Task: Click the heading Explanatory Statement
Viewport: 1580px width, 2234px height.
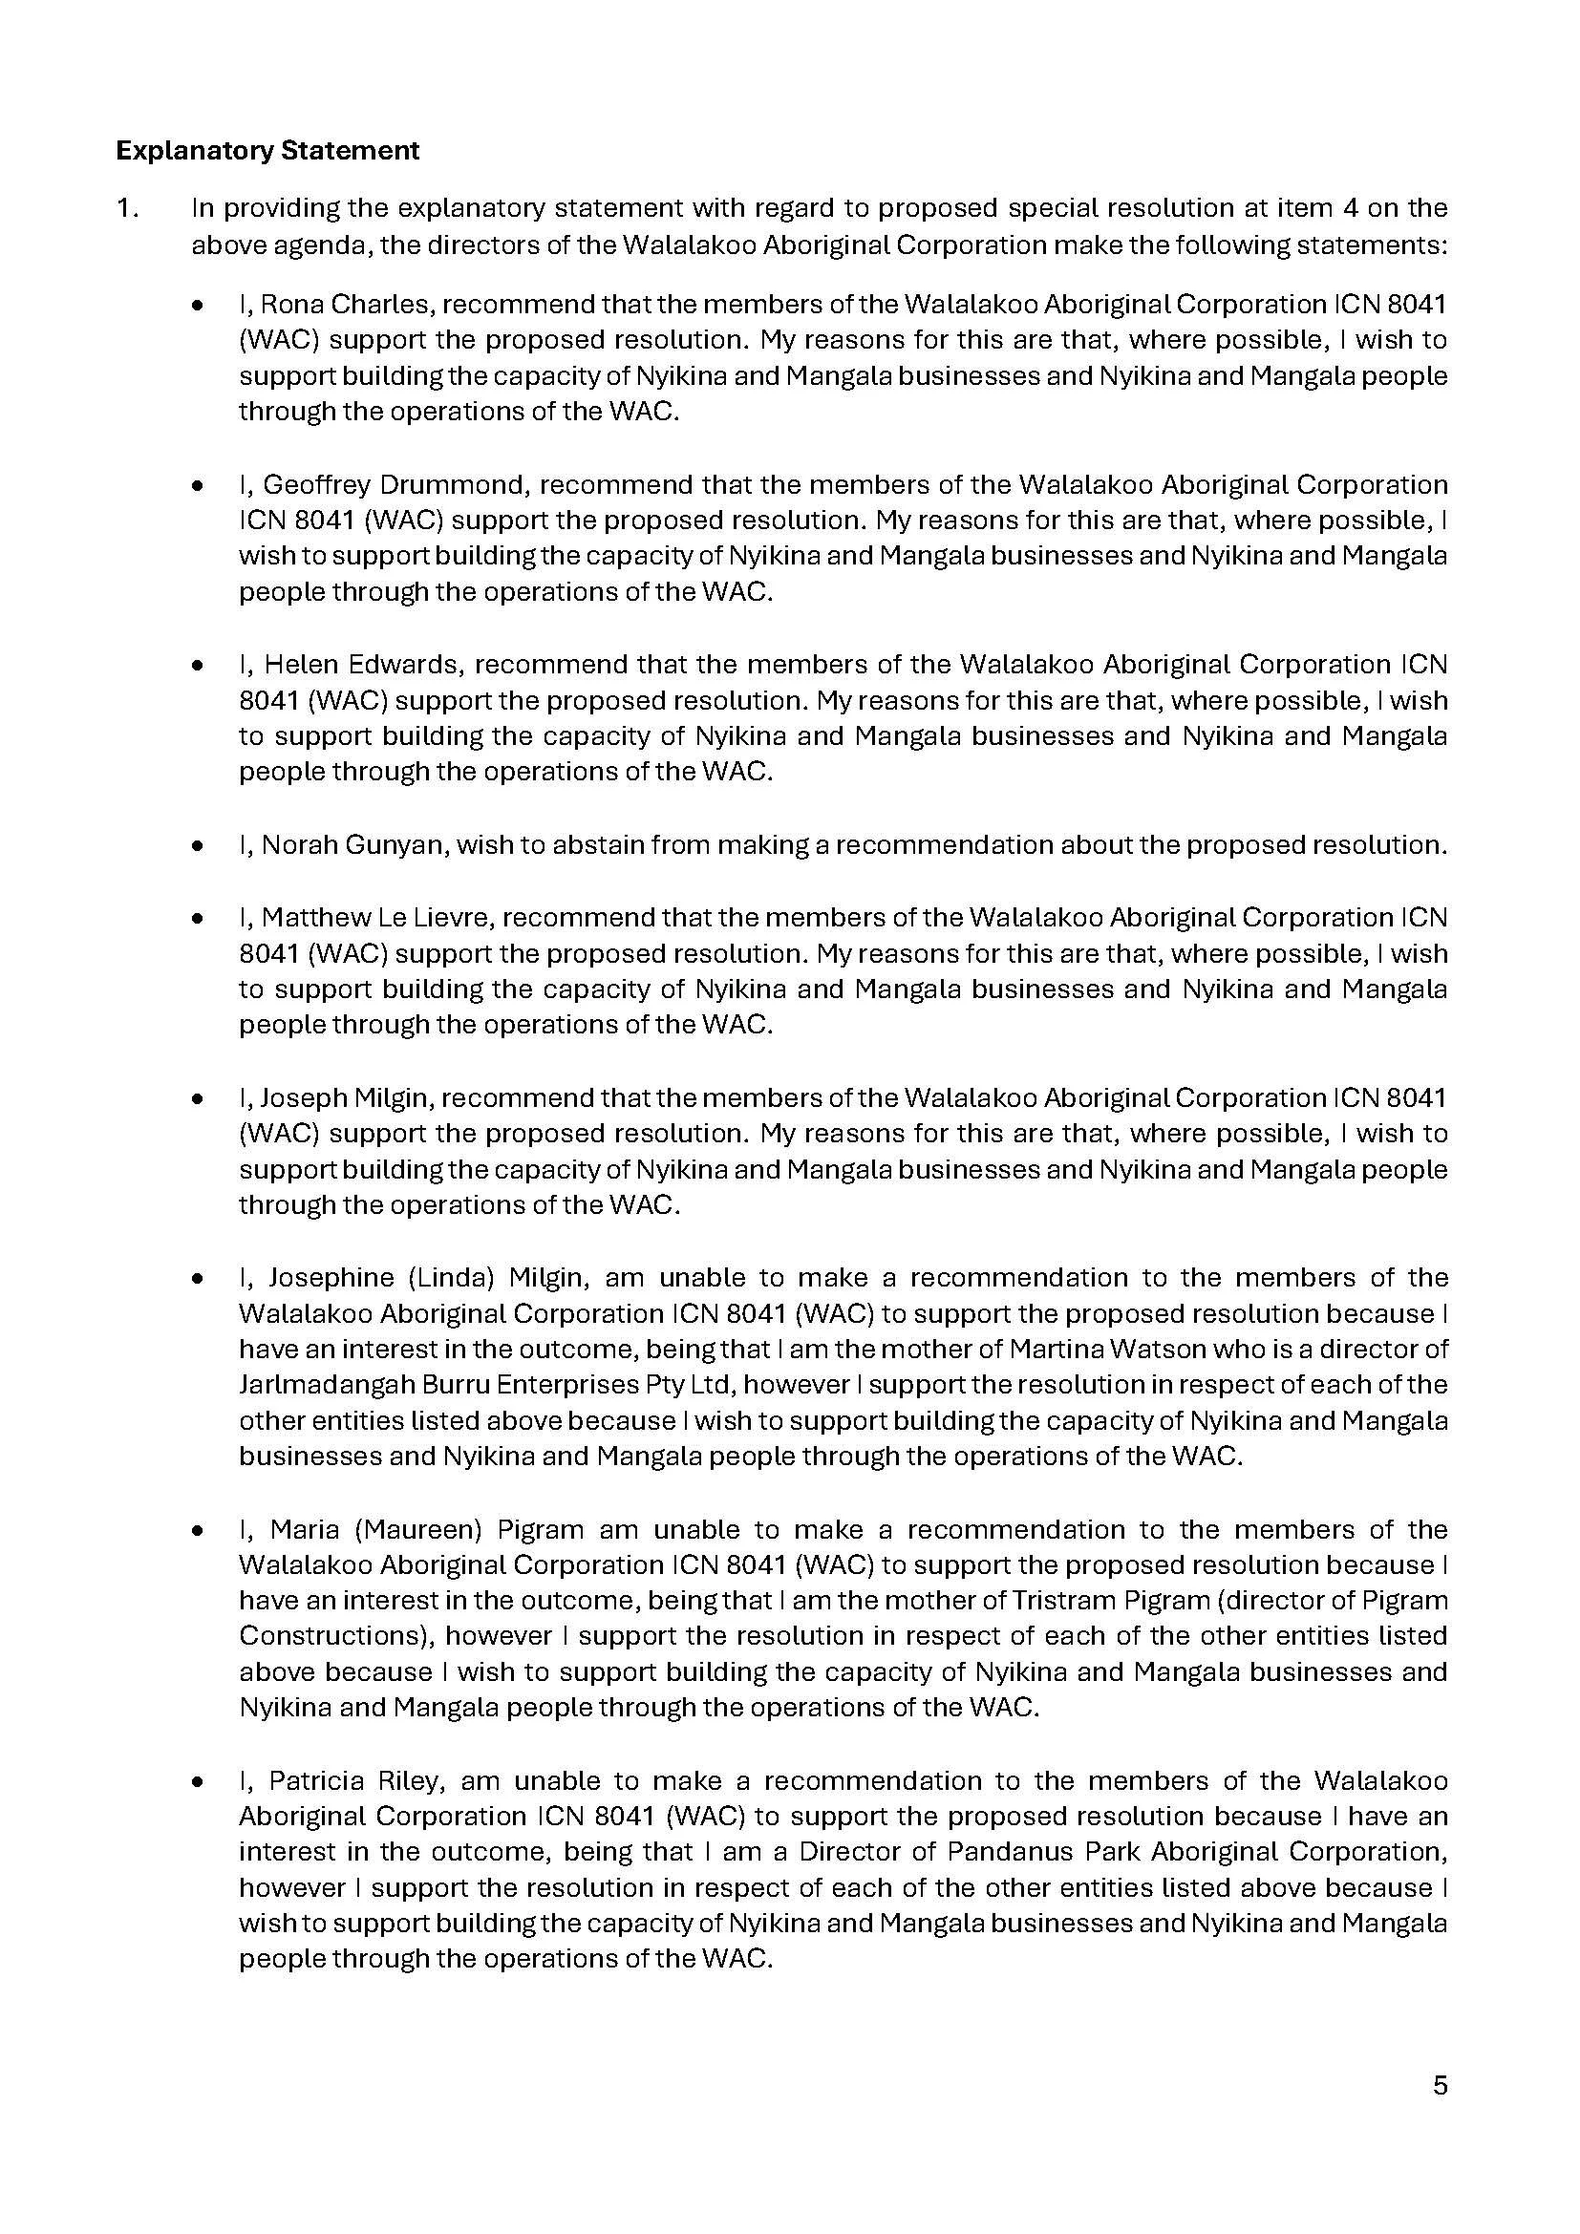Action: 267,151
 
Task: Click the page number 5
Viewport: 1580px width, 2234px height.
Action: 1440,2086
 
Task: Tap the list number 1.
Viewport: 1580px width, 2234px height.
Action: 126,208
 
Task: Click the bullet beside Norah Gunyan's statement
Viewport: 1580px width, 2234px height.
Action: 199,845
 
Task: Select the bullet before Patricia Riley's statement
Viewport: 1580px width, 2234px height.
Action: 199,1781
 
